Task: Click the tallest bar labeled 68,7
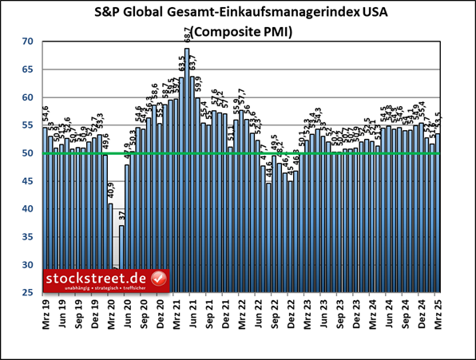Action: (x=187, y=172)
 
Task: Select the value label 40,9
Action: (x=111, y=192)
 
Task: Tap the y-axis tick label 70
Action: (x=28, y=42)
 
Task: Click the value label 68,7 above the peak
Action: (x=187, y=36)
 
